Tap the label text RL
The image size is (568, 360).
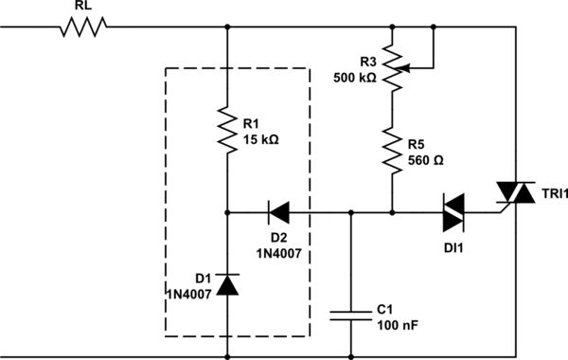pos(83,8)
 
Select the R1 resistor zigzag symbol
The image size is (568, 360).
pos(228,130)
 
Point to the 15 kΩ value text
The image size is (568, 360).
pos(261,138)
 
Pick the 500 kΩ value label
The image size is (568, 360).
pos(356,80)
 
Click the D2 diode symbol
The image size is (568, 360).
pos(279,211)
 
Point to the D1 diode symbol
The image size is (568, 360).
pos(228,283)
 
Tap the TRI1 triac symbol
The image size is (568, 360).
pos(517,193)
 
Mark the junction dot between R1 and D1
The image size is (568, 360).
pos(228,211)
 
